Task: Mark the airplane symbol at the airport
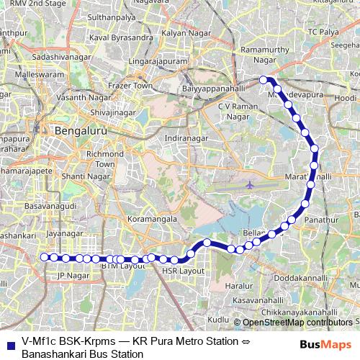pyautogui.click(x=250, y=184)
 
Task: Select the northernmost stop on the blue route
pyautogui.click(x=264, y=79)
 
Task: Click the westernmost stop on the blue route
pyautogui.click(x=44, y=256)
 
